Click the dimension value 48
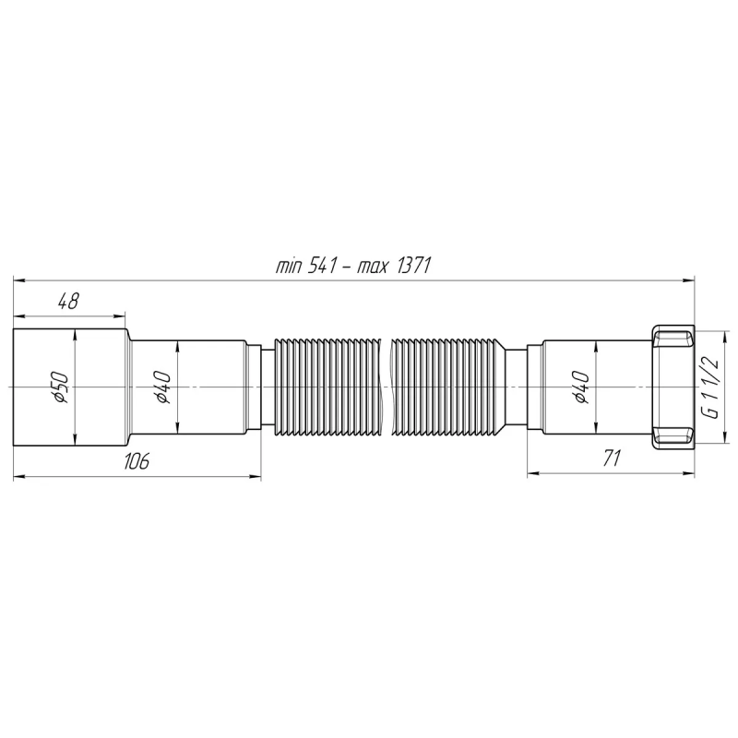coord(67,301)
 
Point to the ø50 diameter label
coord(57,386)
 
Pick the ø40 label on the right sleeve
coord(580,386)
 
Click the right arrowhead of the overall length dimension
coord(690,278)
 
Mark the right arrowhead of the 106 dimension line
coord(256,475)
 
